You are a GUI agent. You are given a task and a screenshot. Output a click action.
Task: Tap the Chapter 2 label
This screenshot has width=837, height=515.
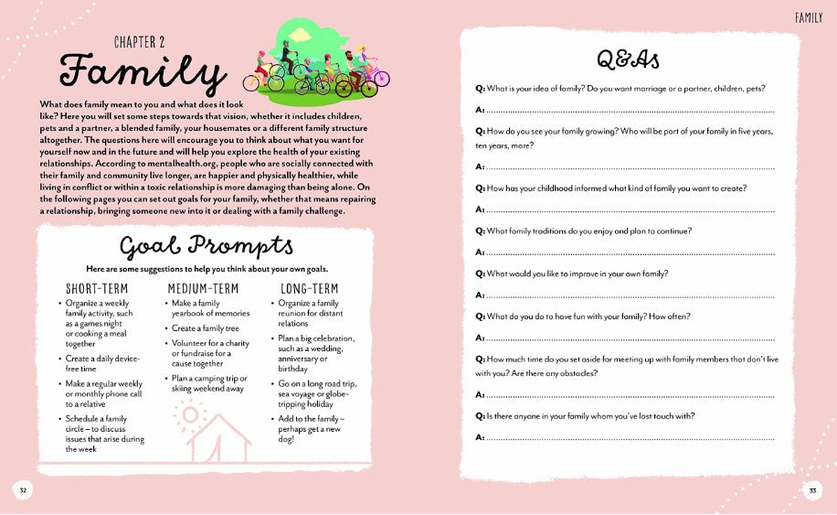pos(140,42)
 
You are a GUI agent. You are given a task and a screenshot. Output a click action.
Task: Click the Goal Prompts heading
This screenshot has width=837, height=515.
pos(207,247)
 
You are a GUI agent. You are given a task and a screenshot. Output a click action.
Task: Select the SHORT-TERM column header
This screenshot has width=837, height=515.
pos(97,288)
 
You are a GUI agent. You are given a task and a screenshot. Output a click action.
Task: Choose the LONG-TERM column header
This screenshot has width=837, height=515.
pos(310,288)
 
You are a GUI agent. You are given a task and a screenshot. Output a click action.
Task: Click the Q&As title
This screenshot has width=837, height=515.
pos(628,59)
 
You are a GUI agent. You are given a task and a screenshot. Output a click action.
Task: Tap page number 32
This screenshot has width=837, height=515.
pos(24,491)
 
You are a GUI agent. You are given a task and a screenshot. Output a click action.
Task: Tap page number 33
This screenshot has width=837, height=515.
pos(811,491)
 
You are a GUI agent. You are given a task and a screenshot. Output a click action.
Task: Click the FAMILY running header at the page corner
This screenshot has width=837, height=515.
pos(809,17)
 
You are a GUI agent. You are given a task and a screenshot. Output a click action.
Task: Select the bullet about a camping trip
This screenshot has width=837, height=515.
pos(209,382)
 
